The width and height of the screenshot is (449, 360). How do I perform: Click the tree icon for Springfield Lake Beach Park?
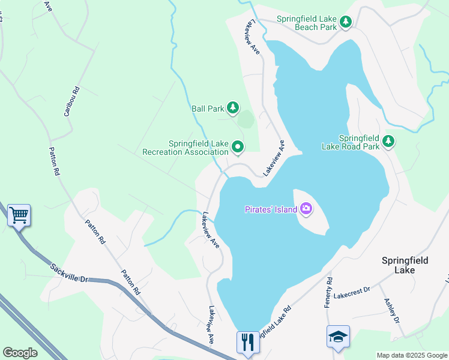pyautogui.click(x=345, y=22)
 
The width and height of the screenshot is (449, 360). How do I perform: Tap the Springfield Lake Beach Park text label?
pyautogui.click(x=306, y=22)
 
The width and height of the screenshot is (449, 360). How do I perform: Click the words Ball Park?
pyautogui.click(x=208, y=109)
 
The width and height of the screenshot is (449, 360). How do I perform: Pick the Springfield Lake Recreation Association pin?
pyautogui.click(x=238, y=146)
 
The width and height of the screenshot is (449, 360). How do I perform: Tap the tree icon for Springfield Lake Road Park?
pyautogui.click(x=389, y=141)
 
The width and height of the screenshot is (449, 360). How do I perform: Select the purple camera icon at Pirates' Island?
pyautogui.click(x=306, y=209)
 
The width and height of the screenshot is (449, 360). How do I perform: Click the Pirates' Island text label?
pyautogui.click(x=270, y=209)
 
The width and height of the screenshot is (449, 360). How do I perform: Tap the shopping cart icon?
pyautogui.click(x=19, y=215)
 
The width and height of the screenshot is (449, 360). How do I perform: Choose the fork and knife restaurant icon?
pyautogui.click(x=247, y=341)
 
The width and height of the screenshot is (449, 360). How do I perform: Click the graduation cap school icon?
pyautogui.click(x=337, y=337)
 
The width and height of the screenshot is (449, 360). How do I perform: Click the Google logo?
pyautogui.click(x=20, y=352)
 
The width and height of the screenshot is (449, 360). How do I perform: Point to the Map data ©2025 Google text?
pyautogui.click(x=411, y=355)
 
